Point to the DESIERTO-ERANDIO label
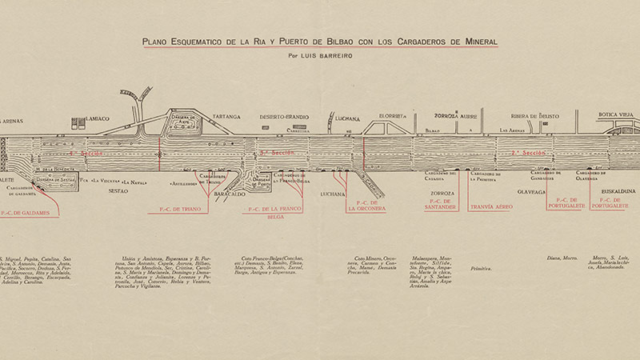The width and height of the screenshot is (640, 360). point(284,117)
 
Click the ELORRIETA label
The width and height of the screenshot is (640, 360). point(394,115)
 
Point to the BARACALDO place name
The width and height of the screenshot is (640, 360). point(231,193)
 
